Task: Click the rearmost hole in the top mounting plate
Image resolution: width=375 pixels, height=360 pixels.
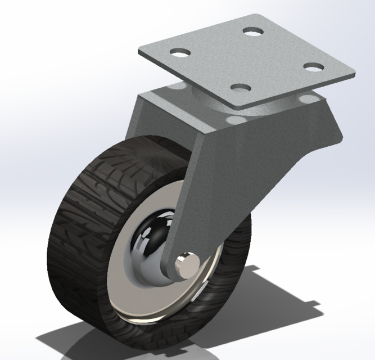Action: click(x=253, y=31)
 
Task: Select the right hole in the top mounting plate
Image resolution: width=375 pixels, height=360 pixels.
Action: click(x=313, y=66)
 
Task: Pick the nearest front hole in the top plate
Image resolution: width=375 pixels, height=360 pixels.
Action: click(x=240, y=88)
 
